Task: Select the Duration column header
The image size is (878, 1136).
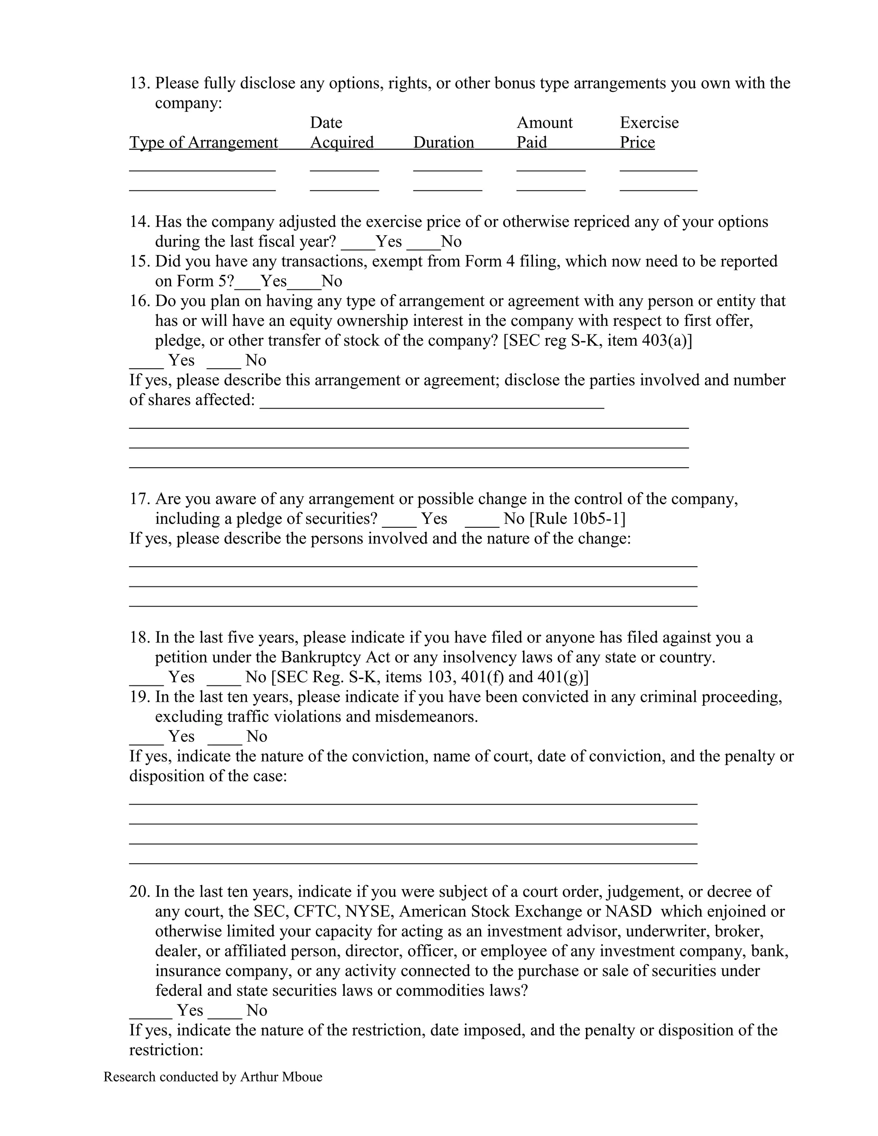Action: [x=443, y=142]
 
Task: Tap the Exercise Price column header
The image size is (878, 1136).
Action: [x=649, y=132]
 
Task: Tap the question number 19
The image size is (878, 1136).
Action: [x=139, y=697]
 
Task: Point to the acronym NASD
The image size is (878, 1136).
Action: [x=628, y=912]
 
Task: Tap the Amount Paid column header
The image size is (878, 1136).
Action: [x=544, y=132]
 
